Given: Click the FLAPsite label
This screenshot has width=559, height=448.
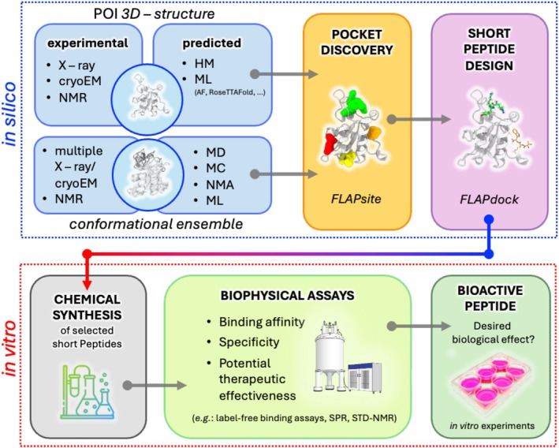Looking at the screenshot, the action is (356, 199).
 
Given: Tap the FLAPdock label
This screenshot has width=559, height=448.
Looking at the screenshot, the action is (489, 200).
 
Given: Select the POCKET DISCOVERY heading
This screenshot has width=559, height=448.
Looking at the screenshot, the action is (357, 43).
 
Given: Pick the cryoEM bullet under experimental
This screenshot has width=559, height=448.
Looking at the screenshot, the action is (80, 81).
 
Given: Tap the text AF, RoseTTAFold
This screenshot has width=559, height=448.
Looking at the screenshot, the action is (229, 93).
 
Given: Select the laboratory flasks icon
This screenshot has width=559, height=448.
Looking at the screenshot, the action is (88, 391).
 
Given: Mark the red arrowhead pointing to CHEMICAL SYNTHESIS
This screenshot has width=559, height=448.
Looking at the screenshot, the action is (87, 285).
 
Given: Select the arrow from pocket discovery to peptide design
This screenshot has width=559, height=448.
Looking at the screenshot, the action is (419, 119).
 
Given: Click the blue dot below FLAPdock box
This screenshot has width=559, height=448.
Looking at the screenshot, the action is (489, 218).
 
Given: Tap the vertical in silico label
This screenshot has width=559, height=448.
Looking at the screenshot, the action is (11, 114).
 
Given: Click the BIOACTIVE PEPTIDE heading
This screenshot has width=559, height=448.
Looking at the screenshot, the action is (490, 298).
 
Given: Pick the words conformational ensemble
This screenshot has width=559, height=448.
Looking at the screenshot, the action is (156, 224).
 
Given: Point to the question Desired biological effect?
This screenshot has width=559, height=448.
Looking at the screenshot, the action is (493, 332).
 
